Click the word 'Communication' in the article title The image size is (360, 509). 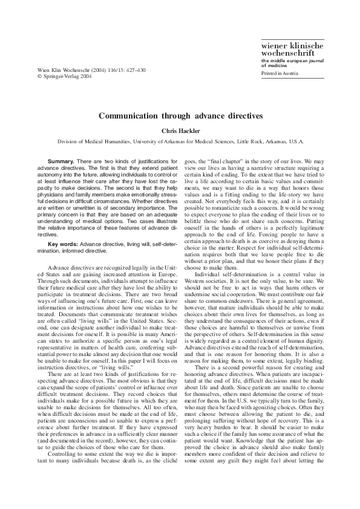(x=129, y=114)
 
